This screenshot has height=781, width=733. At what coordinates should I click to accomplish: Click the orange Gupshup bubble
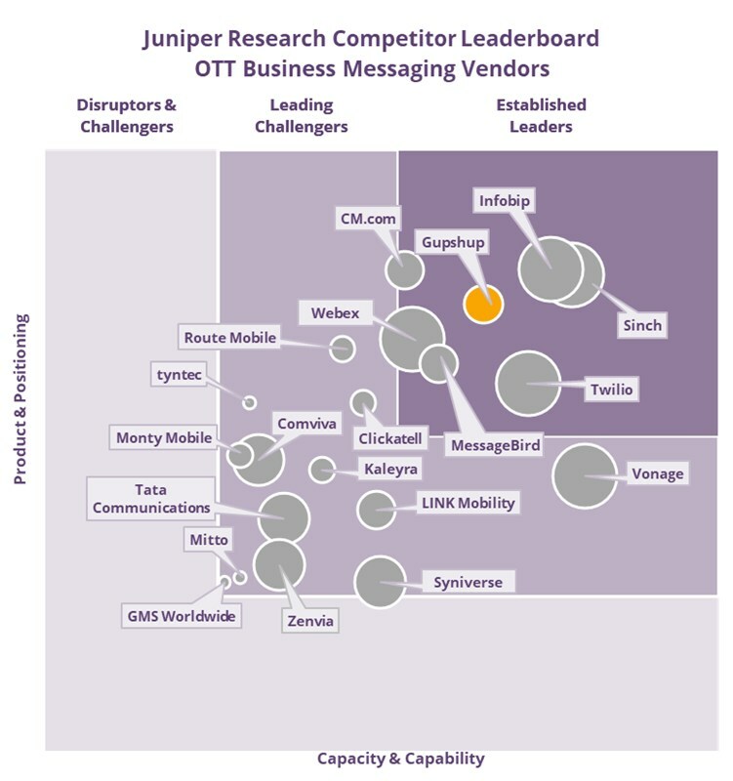coord(482,303)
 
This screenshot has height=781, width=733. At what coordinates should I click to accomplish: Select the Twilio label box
coord(611,390)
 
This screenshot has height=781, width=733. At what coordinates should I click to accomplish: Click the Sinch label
coord(642,325)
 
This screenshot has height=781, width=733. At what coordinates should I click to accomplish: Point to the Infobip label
coord(505,201)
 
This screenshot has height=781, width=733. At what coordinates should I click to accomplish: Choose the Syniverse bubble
coord(380,582)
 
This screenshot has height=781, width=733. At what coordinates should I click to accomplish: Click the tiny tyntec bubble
coord(249,402)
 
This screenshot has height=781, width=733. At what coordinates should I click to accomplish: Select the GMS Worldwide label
coord(183,616)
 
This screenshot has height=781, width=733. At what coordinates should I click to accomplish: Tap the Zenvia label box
coord(310,620)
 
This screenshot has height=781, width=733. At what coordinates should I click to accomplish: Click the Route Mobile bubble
coord(342,348)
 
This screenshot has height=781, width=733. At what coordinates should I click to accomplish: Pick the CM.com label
coord(367,219)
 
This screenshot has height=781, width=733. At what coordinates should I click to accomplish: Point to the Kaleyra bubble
coord(322,470)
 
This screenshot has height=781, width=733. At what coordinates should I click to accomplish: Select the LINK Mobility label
coord(467,504)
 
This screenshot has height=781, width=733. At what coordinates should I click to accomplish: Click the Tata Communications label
coord(149,498)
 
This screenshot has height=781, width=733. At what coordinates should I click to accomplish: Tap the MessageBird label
coord(495,446)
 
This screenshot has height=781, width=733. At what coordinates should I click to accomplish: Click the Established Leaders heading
coord(541,115)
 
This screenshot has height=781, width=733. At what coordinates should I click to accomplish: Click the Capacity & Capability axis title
coord(400,759)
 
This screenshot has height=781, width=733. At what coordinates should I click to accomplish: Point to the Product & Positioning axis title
coord(20,399)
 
